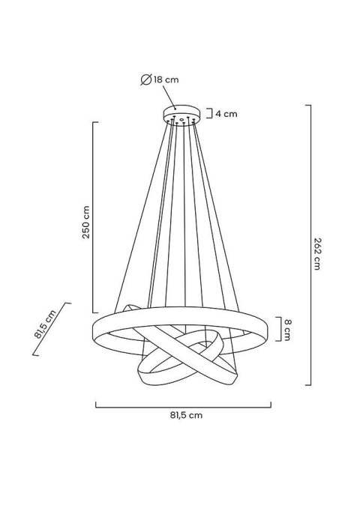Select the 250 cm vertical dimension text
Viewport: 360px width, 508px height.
pos(86,223)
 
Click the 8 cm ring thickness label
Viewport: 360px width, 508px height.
pos(288,329)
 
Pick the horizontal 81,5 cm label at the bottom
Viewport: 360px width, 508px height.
pos(184,414)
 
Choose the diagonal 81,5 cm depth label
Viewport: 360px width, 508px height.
pos(46,325)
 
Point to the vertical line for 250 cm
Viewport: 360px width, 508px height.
pos(93,217)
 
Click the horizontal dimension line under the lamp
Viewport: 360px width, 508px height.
pos(184,405)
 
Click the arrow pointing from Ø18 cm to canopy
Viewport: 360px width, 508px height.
pos(169,97)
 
